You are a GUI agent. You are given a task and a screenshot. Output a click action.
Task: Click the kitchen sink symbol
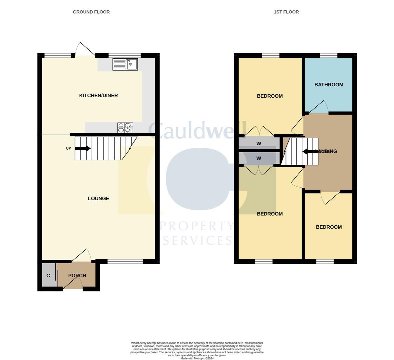[125, 64]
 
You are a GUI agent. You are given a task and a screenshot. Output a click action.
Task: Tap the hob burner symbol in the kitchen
[125, 128]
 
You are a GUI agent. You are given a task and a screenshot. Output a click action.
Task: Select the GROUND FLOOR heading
[91, 12]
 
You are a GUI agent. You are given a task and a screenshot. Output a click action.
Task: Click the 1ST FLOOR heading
[286, 12]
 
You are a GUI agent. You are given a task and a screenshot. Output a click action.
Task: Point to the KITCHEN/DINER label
[98, 96]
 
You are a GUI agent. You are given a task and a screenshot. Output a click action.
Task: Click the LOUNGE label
[98, 199]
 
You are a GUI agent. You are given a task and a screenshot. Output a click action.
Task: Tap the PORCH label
[77, 276]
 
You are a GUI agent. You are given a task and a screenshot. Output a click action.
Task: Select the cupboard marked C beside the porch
[49, 275]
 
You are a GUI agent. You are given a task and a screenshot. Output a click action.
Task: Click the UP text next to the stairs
[68, 149]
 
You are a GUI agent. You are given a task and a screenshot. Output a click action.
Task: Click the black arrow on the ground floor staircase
[83, 149]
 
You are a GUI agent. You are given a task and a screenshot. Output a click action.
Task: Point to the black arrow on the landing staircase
[309, 152]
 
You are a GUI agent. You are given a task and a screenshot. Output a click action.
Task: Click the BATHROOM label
[329, 85]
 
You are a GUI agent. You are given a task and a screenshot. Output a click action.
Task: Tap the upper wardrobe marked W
[259, 144]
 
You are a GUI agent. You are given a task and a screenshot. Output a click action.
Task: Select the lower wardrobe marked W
[259, 159]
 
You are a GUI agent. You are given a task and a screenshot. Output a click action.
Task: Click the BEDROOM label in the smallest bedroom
[329, 227]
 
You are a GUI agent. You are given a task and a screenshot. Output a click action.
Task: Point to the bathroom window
[328, 55]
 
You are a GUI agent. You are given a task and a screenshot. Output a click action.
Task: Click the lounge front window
[125, 261]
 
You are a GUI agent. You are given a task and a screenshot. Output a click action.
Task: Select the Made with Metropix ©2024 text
[197, 358]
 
